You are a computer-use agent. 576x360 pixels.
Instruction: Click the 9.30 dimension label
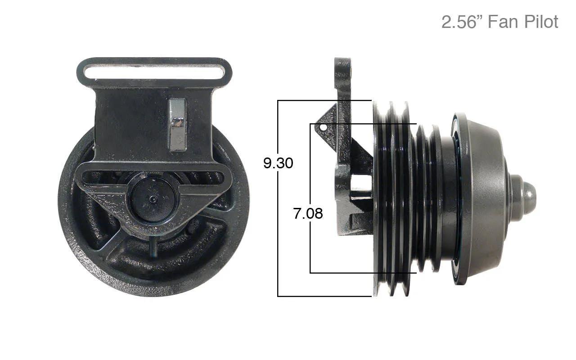tap(278, 163)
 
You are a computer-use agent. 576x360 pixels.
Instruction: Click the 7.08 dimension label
tap(308, 213)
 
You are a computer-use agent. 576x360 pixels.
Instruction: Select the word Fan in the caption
tap(503, 22)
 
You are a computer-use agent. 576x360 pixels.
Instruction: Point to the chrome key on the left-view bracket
tap(177, 125)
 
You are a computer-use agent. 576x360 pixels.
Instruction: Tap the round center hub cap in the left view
tap(153, 199)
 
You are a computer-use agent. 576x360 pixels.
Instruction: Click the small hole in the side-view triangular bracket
tap(324, 127)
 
